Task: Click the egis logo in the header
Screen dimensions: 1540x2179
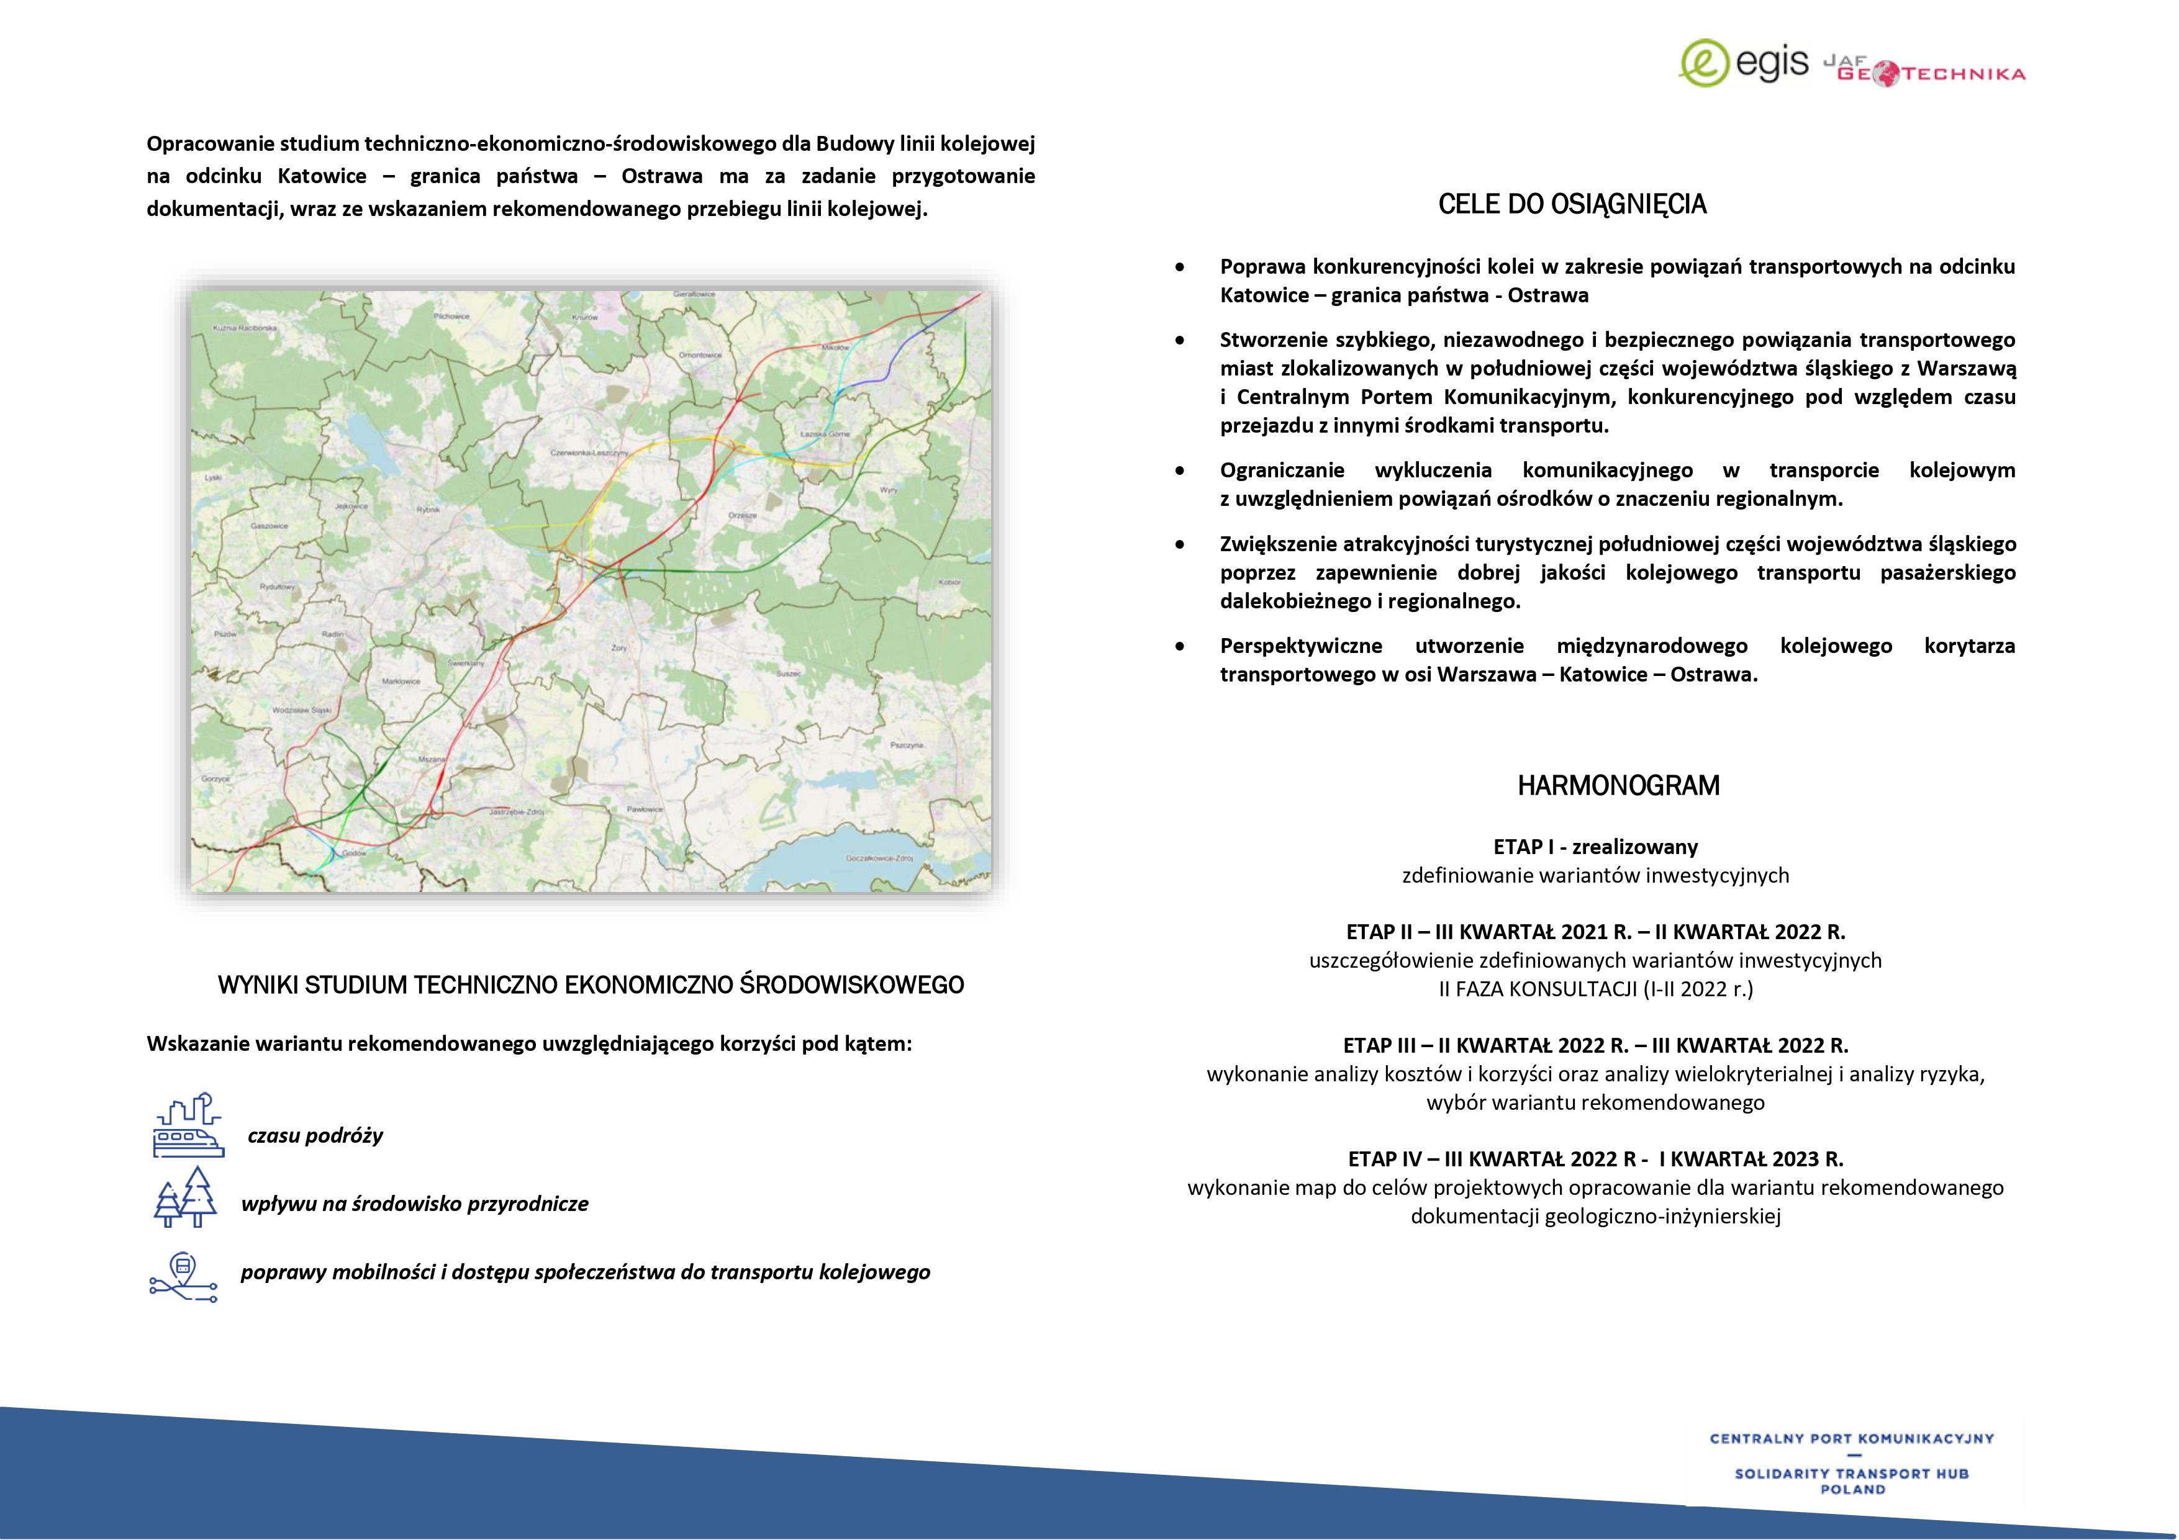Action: tap(1744, 63)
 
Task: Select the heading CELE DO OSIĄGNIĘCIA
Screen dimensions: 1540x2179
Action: tap(1572, 205)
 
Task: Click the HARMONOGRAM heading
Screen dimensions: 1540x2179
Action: tap(1618, 786)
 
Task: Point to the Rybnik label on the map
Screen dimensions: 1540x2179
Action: tap(428, 510)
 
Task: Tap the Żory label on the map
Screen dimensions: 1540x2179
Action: tap(618, 647)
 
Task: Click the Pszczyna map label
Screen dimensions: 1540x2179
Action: tap(907, 745)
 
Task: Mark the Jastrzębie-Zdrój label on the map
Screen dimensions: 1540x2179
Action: tap(516, 813)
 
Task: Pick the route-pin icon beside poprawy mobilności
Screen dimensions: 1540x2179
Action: tap(183, 1276)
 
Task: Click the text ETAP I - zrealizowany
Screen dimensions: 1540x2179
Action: tap(1595, 847)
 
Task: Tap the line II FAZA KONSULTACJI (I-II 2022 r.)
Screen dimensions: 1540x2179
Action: tap(1595, 989)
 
